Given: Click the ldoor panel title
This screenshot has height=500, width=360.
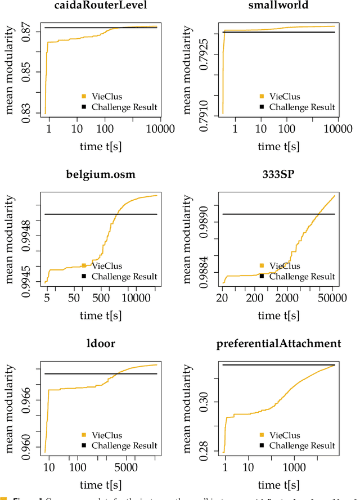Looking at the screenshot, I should [x=101, y=343].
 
